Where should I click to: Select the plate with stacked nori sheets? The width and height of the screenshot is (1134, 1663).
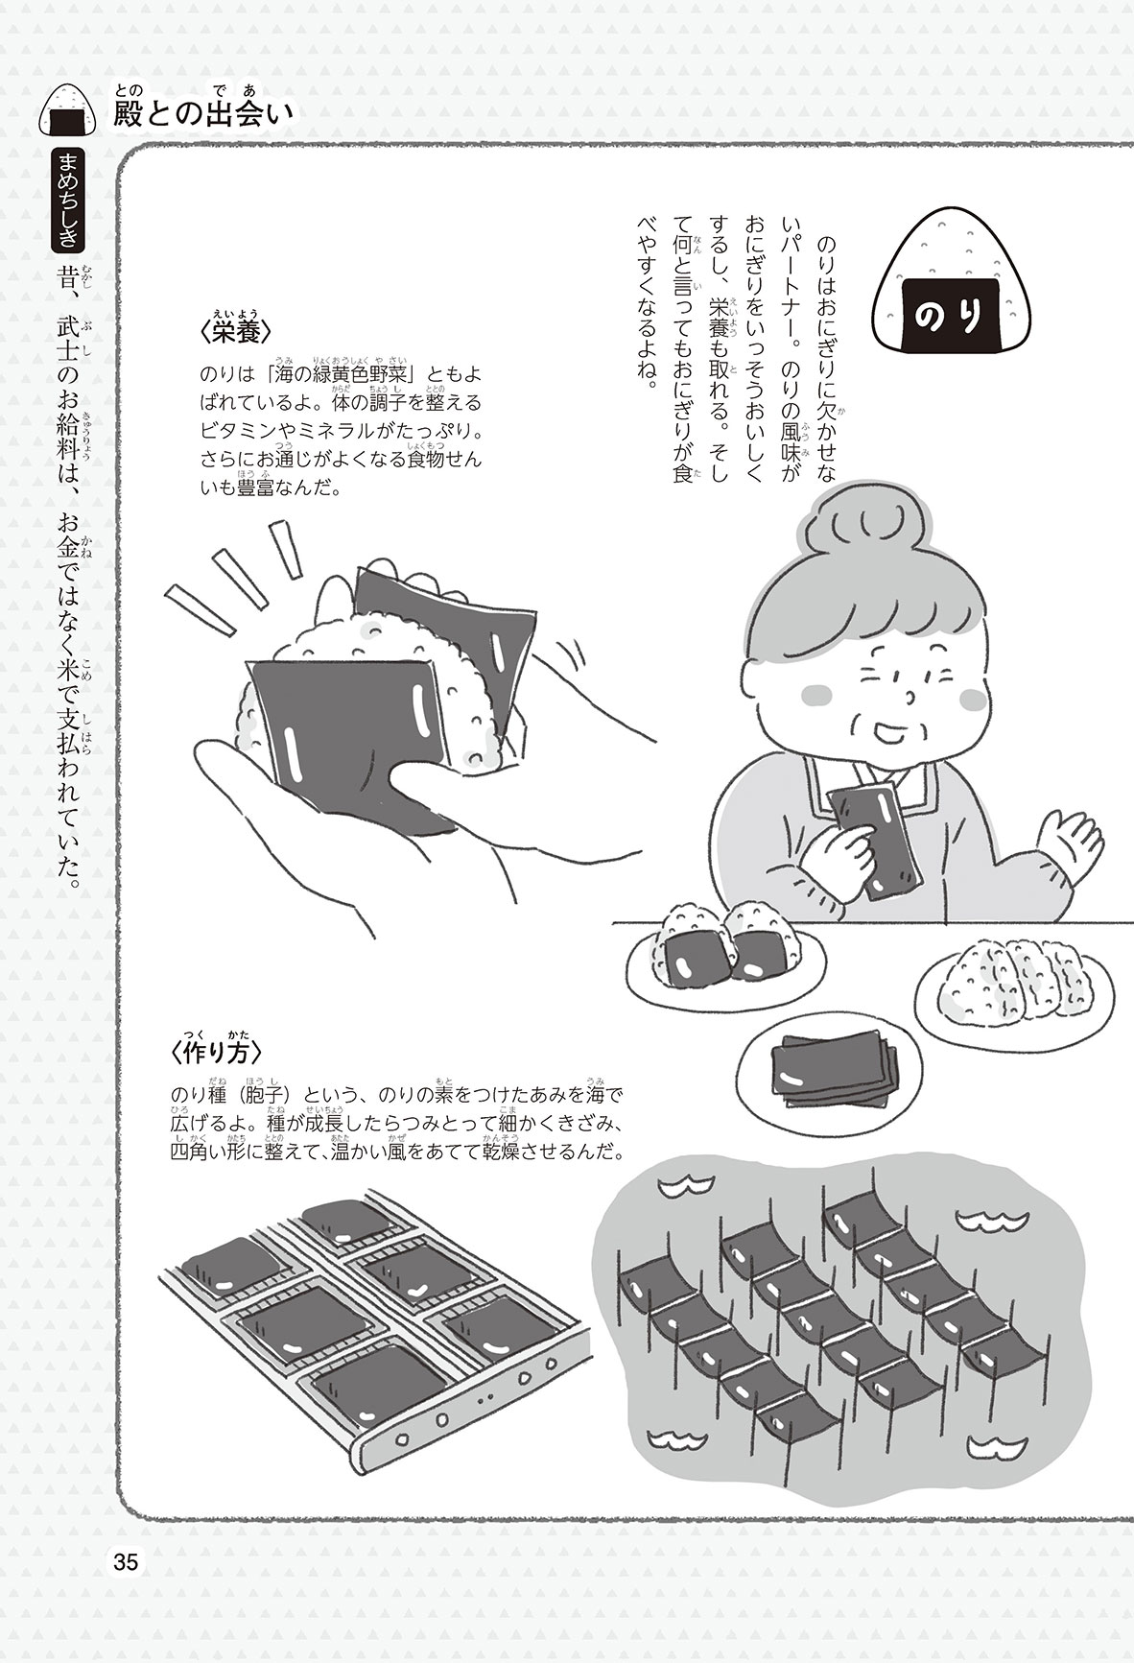point(822,1066)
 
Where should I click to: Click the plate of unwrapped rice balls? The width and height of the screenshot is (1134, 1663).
point(1013,993)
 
